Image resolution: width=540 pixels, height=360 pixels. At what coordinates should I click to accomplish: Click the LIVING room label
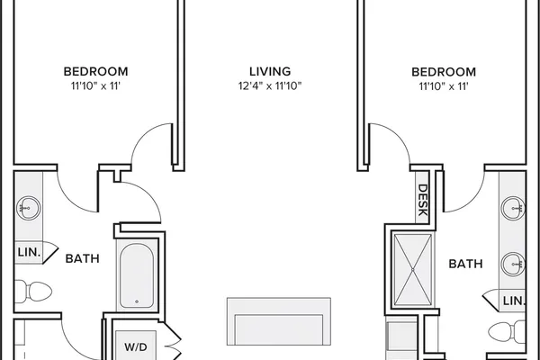pos(270,71)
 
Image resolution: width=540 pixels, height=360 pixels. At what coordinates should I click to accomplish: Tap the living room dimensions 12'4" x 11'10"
pos(270,85)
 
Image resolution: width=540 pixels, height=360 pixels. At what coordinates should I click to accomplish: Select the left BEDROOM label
pos(95,71)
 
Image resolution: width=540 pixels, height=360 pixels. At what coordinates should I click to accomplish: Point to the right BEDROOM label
pos(444,72)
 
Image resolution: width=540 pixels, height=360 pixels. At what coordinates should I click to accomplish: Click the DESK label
pos(423,200)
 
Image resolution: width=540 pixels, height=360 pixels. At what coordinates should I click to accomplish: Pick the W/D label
pos(136,346)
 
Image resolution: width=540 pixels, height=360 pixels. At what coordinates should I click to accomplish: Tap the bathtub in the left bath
pos(137,275)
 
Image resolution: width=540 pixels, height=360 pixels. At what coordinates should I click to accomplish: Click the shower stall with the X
pos(412,270)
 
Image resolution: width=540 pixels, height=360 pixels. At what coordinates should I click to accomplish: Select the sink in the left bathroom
pos(28,208)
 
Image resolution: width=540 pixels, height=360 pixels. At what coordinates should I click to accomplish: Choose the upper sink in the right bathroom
pos(513,208)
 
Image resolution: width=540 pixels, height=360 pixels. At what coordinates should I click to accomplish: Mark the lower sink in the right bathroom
pos(513,265)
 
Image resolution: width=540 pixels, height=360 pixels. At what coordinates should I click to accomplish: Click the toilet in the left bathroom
pos(33,292)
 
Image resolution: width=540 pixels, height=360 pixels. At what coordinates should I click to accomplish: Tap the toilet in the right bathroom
pos(507,332)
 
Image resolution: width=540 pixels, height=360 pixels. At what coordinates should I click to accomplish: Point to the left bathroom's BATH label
pos(82,258)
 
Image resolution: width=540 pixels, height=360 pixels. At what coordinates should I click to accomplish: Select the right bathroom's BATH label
pos(465,264)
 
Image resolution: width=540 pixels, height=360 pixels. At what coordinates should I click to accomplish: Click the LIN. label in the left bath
pos(29,252)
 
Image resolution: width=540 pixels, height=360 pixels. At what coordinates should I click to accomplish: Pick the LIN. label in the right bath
pos(514,301)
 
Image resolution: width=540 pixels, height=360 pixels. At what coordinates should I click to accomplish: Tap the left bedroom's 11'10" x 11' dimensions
pos(95,85)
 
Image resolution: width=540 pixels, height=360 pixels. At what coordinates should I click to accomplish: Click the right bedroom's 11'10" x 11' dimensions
pos(444,86)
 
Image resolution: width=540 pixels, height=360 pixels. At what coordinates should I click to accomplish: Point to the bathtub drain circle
pos(137,301)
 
